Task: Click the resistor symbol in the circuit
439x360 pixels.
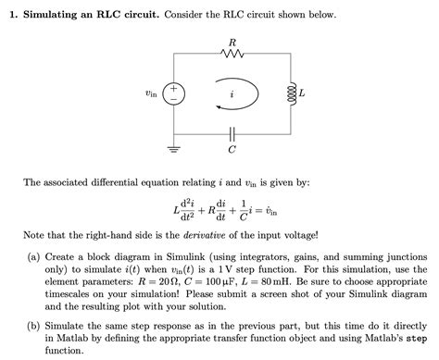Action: (x=232, y=54)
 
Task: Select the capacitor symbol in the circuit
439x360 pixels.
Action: (x=232, y=132)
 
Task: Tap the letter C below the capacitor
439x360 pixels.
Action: (x=232, y=148)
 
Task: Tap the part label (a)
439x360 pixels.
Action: (x=34, y=254)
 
